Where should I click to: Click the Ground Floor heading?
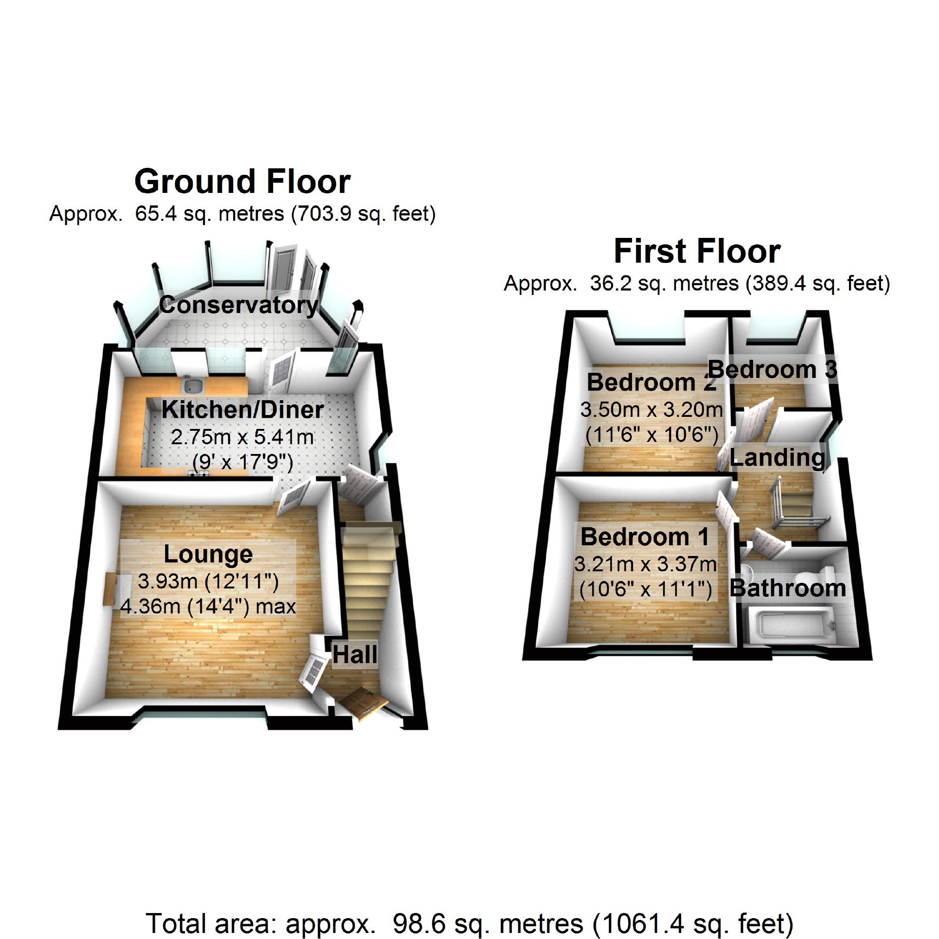pyautogui.click(x=242, y=182)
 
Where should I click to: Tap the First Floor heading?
pyautogui.click(x=696, y=252)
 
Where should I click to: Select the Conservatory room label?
pyautogui.click(x=238, y=305)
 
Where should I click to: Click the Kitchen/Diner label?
pyautogui.click(x=242, y=410)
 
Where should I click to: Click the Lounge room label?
pyautogui.click(x=208, y=554)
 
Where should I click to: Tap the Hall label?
pyautogui.click(x=354, y=655)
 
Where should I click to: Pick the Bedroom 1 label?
pyautogui.click(x=645, y=537)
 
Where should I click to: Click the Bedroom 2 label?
pyautogui.click(x=652, y=383)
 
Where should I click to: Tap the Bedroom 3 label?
pyautogui.click(x=773, y=370)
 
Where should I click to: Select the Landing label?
pyautogui.click(x=777, y=458)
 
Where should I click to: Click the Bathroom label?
pyautogui.click(x=788, y=588)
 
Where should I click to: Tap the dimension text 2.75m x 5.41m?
pyautogui.click(x=242, y=437)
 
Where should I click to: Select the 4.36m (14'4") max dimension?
pyautogui.click(x=208, y=607)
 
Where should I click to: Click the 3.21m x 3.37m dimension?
pyautogui.click(x=645, y=564)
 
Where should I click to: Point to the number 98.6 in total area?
pyautogui.click(x=414, y=923)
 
